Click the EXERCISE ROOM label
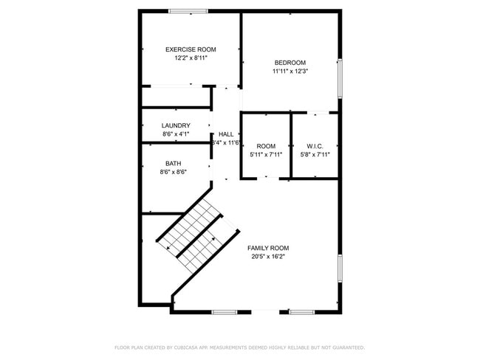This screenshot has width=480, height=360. tap(191, 49)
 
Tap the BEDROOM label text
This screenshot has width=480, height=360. tap(289, 63)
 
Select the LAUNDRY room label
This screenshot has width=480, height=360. tap(176, 125)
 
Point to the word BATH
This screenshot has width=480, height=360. tap(173, 163)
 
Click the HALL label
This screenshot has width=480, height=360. tap(226, 134)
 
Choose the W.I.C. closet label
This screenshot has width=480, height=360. tap(315, 146)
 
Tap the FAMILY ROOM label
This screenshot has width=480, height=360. tap(268, 248)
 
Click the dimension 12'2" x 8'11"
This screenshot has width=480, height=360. tap(191, 58)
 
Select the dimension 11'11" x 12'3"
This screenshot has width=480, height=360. tap(289, 72)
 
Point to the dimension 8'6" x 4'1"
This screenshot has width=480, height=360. tap(176, 134)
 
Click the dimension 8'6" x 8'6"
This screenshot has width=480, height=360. tap(173, 172)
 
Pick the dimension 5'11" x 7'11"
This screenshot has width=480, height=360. tap(266, 155)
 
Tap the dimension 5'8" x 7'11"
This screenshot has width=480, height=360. tap(315, 155)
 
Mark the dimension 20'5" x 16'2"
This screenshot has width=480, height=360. tap(268, 257)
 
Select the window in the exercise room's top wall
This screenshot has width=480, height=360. tap(188, 11)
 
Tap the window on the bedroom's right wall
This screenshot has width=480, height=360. tap(340, 77)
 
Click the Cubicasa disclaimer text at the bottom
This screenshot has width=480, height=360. tap(239, 347)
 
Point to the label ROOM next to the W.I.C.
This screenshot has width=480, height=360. tap(266, 146)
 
